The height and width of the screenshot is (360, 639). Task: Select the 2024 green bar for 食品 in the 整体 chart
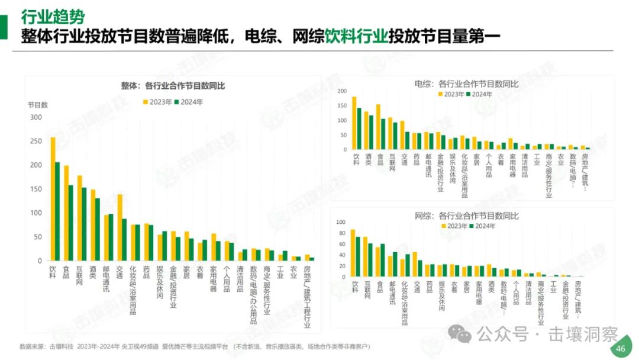[x=71, y=223]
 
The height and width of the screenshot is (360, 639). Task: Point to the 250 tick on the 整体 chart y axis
[x=35, y=141]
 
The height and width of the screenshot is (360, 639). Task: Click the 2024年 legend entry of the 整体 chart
[x=189, y=102]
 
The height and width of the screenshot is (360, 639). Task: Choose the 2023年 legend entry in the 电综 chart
[x=451, y=94]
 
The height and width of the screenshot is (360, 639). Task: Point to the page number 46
[x=620, y=349]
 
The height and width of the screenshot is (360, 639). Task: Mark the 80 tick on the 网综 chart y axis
[x=341, y=233]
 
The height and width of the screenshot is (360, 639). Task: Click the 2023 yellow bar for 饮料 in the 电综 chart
[x=354, y=123]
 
